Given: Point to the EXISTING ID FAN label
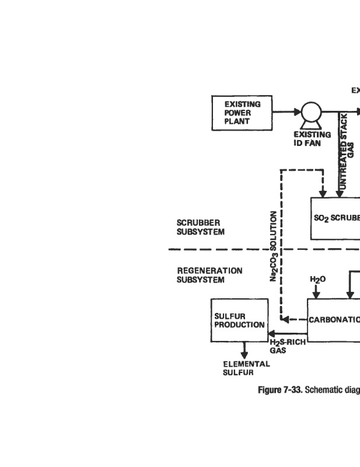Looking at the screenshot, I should (312, 138).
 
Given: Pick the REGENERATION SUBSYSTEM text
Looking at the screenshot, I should (201, 275).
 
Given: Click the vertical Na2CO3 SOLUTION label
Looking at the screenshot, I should (273, 246).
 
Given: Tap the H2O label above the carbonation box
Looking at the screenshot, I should (317, 280).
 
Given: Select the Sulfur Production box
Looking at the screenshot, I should (239, 320).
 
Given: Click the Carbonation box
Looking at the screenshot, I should (333, 320).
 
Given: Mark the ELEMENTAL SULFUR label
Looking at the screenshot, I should (246, 368).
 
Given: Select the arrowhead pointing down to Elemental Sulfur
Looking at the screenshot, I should (244, 354).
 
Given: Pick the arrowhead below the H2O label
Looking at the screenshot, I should (316, 294).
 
